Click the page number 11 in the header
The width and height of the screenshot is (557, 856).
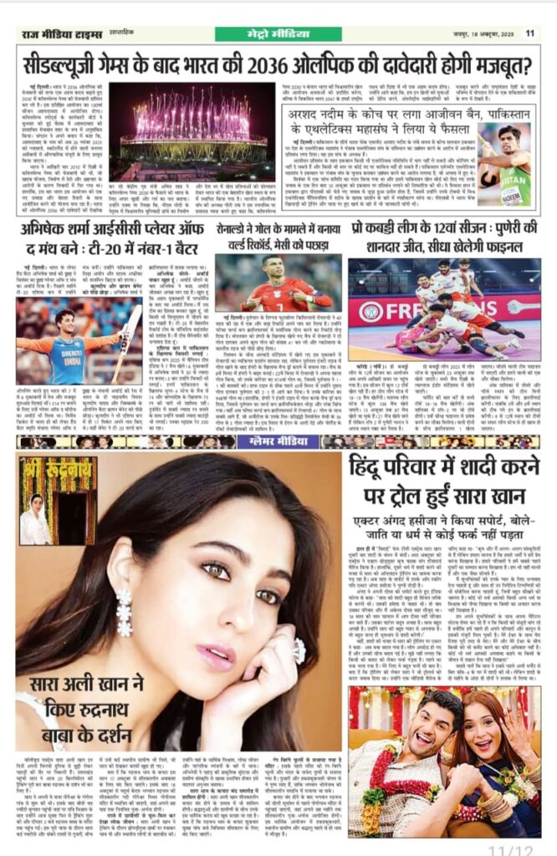pyautogui.click(x=529, y=33)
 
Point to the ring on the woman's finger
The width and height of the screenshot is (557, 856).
pyautogui.click(x=299, y=649)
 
